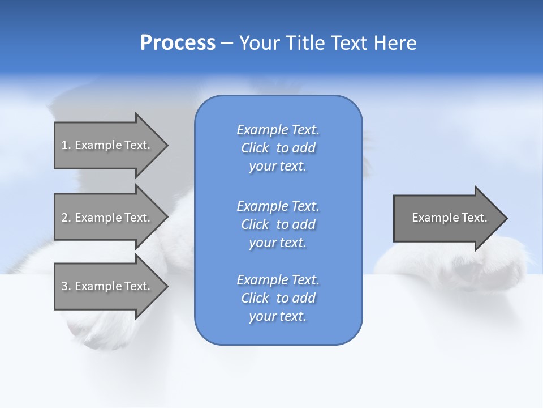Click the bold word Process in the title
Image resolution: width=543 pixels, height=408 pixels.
click(x=178, y=43)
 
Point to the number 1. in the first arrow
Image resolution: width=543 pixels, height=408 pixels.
click(x=66, y=145)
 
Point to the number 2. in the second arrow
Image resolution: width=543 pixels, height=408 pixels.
click(x=66, y=218)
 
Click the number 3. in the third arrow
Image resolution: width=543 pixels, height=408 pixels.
click(x=66, y=286)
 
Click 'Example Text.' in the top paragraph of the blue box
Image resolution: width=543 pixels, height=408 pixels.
click(x=278, y=130)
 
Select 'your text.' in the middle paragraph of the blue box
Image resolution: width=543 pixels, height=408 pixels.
click(x=278, y=243)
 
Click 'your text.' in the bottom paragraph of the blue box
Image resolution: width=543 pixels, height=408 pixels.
click(x=278, y=317)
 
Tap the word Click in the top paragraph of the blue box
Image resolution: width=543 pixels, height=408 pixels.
click(x=255, y=148)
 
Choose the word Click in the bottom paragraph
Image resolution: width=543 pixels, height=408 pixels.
click(x=255, y=298)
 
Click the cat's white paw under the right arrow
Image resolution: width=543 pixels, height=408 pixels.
click(x=453, y=266)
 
